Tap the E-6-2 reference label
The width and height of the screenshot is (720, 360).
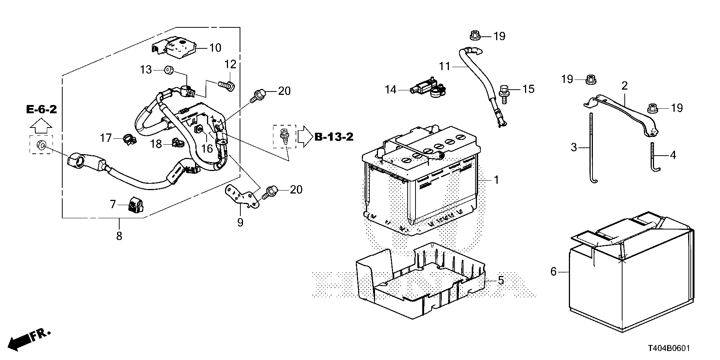(x=41, y=109)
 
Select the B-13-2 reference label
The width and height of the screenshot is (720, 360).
(x=334, y=137)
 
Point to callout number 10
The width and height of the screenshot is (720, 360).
(x=215, y=48)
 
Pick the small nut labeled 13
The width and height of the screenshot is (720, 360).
(x=168, y=69)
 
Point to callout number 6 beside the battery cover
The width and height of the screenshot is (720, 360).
(x=554, y=271)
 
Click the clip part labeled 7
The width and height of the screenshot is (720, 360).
(x=134, y=205)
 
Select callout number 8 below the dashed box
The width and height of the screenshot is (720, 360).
(x=119, y=236)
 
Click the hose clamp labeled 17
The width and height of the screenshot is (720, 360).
(x=129, y=139)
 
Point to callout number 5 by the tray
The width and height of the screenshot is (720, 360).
(x=501, y=280)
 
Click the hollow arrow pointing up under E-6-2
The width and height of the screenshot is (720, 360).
(x=41, y=125)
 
